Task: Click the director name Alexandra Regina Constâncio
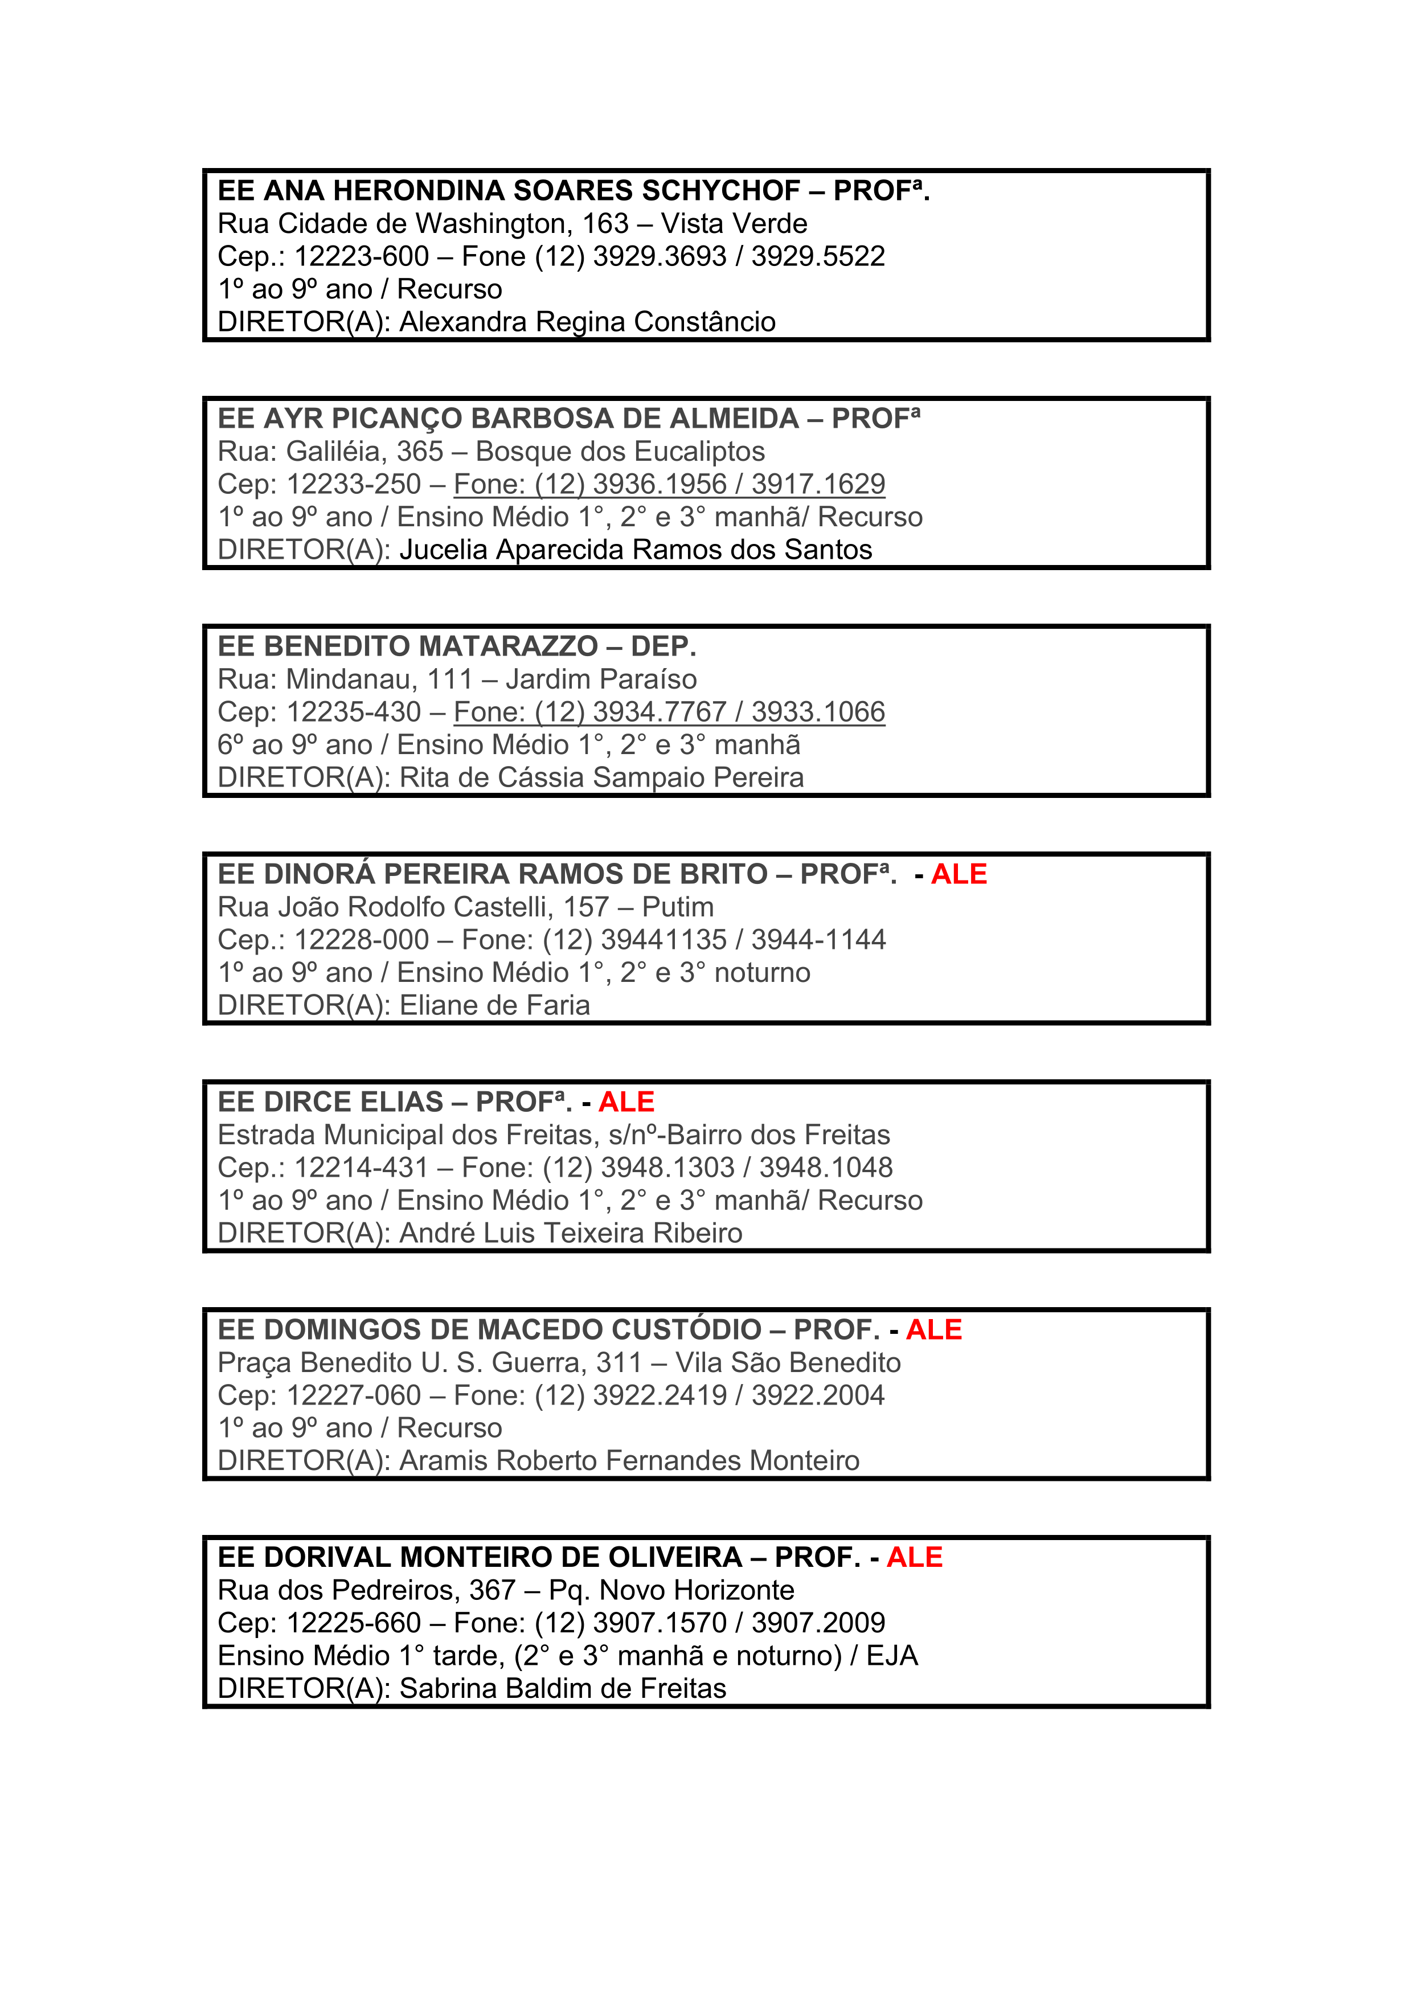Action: click(x=587, y=322)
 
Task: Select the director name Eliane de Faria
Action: click(x=494, y=1006)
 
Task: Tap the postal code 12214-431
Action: click(x=361, y=1168)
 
